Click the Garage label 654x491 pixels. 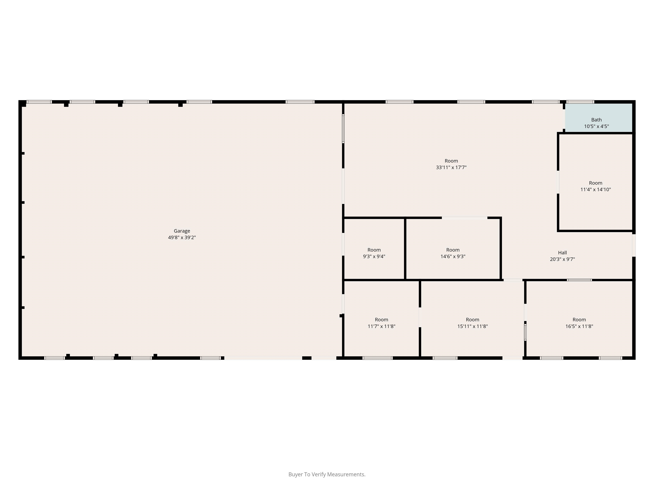click(x=182, y=231)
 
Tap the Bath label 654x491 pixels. click(x=596, y=120)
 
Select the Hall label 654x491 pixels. click(x=562, y=253)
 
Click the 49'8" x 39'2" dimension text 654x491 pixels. click(x=182, y=237)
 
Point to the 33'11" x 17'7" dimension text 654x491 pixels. click(x=451, y=168)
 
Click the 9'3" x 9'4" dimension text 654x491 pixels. click(x=374, y=257)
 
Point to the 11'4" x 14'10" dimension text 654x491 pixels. click(x=595, y=190)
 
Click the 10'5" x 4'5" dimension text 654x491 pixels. click(x=596, y=126)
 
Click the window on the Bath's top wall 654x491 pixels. click(x=580, y=102)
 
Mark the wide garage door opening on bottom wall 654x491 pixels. click(x=263, y=358)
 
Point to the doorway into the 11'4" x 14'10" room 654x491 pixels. click(x=558, y=182)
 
